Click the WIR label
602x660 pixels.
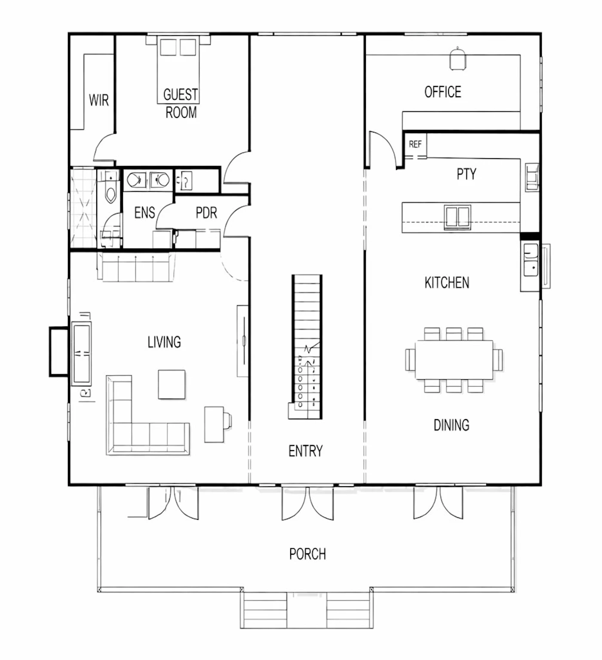pyautogui.click(x=98, y=100)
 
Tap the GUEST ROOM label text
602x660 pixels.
pyautogui.click(x=181, y=103)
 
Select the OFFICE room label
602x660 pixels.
pyautogui.click(x=442, y=92)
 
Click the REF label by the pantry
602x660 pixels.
pyautogui.click(x=415, y=144)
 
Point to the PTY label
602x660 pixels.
pyautogui.click(x=466, y=174)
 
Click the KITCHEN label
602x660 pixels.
pyautogui.click(x=447, y=282)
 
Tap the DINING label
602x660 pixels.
pyautogui.click(x=451, y=425)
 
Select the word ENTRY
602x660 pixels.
pyautogui.click(x=305, y=451)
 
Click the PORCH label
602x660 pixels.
pyautogui.click(x=307, y=554)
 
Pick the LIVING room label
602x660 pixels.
pyautogui.click(x=164, y=342)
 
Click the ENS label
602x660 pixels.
pyautogui.click(x=144, y=212)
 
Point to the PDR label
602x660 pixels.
pyautogui.click(x=206, y=212)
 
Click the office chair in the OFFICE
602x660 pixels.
pyautogui.click(x=458, y=58)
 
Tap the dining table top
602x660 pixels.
pyautogui.click(x=454, y=360)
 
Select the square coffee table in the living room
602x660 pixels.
pyautogui.click(x=172, y=384)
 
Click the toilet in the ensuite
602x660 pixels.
pyautogui.click(x=111, y=190)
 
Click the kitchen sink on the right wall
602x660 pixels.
pyautogui.click(x=530, y=260)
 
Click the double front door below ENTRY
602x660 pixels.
pyautogui.click(x=307, y=503)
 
